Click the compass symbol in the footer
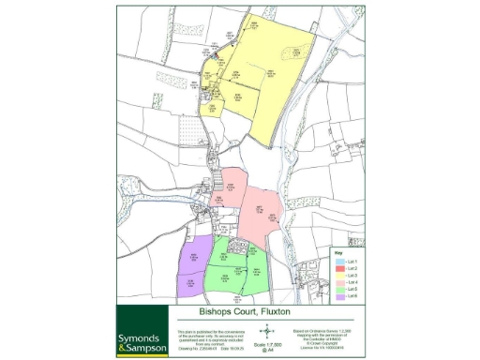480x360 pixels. coord(266,331)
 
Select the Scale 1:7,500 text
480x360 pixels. coord(266,344)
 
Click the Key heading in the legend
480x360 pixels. coord(337,253)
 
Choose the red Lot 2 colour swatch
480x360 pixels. coord(338,267)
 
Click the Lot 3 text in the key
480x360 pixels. coord(352,275)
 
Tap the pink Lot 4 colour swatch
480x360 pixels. coord(338,282)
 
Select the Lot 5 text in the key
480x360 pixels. coord(352,290)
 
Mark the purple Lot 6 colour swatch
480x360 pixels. coord(338,297)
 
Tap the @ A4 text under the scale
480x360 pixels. coord(266,351)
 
